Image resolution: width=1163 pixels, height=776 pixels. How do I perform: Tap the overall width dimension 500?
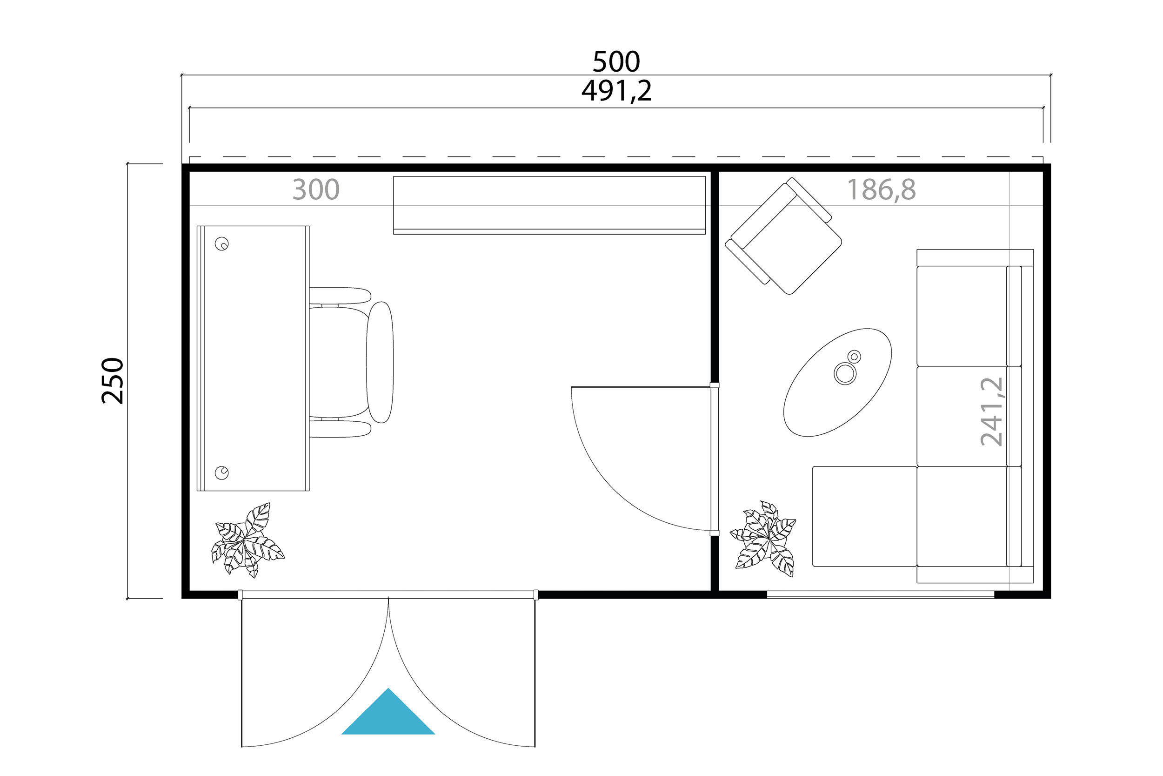[x=616, y=62]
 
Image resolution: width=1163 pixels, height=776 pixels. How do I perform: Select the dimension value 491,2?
[x=616, y=91]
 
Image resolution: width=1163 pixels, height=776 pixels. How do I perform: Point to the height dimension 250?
[x=113, y=381]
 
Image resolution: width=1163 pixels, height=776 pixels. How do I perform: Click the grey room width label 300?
[x=315, y=189]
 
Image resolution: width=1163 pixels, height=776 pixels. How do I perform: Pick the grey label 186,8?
[x=881, y=189]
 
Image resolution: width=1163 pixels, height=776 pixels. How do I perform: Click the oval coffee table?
[x=838, y=382]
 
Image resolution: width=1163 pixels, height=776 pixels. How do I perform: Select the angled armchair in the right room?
[x=783, y=236]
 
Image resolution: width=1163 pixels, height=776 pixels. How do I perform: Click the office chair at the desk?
[x=351, y=362]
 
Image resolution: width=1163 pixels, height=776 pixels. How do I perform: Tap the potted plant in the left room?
[x=247, y=540]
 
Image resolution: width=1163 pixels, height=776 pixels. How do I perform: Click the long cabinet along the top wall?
[x=549, y=205]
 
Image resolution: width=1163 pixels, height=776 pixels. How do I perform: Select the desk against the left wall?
[x=253, y=358]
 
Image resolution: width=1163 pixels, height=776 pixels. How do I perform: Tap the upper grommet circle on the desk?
[x=221, y=244]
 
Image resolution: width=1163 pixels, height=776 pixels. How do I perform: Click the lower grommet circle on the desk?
[x=221, y=473]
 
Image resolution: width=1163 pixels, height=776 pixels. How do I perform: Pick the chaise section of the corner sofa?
[x=865, y=516]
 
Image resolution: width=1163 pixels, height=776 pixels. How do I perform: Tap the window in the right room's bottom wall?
[x=881, y=594]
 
